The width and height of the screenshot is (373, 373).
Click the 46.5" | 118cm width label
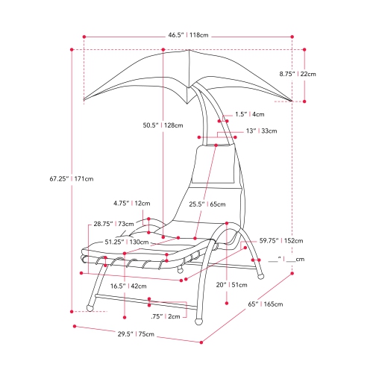(187, 35)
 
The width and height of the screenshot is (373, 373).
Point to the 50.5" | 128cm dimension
(163, 125)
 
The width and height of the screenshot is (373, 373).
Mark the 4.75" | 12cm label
(132, 203)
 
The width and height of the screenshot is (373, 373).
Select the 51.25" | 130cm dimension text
(125, 242)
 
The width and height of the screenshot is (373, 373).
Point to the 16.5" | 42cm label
(127, 286)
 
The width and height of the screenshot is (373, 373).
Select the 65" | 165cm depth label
(278, 304)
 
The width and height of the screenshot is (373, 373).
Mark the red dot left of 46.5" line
(85, 35)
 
